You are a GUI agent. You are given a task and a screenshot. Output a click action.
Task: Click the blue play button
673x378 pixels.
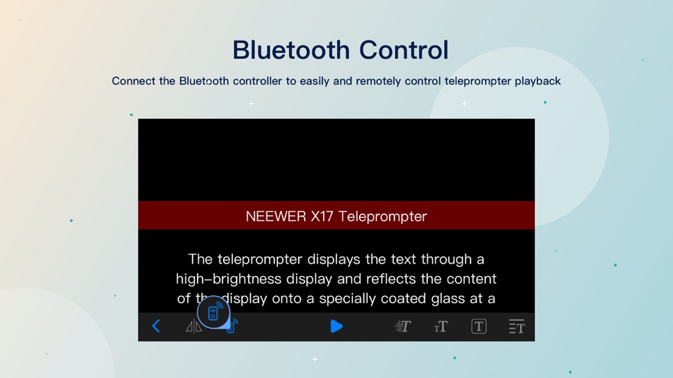(336, 326)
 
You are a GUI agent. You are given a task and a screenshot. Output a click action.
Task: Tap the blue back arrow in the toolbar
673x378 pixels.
(156, 326)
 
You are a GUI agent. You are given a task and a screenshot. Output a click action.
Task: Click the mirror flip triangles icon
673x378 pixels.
(193, 327)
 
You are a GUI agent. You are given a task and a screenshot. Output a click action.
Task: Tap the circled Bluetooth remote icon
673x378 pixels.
(213, 312)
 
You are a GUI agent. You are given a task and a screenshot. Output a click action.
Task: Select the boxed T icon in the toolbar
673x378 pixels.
(479, 326)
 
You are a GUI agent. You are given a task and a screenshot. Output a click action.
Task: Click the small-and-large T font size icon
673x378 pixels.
(441, 326)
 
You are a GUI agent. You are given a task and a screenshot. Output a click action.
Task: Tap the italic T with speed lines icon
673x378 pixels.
(402, 326)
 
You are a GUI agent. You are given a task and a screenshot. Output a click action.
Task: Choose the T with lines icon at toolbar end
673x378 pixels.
(516, 326)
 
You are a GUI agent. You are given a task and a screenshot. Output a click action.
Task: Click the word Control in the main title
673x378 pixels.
(404, 50)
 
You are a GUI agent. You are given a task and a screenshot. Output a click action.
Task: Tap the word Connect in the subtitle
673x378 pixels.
(134, 81)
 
